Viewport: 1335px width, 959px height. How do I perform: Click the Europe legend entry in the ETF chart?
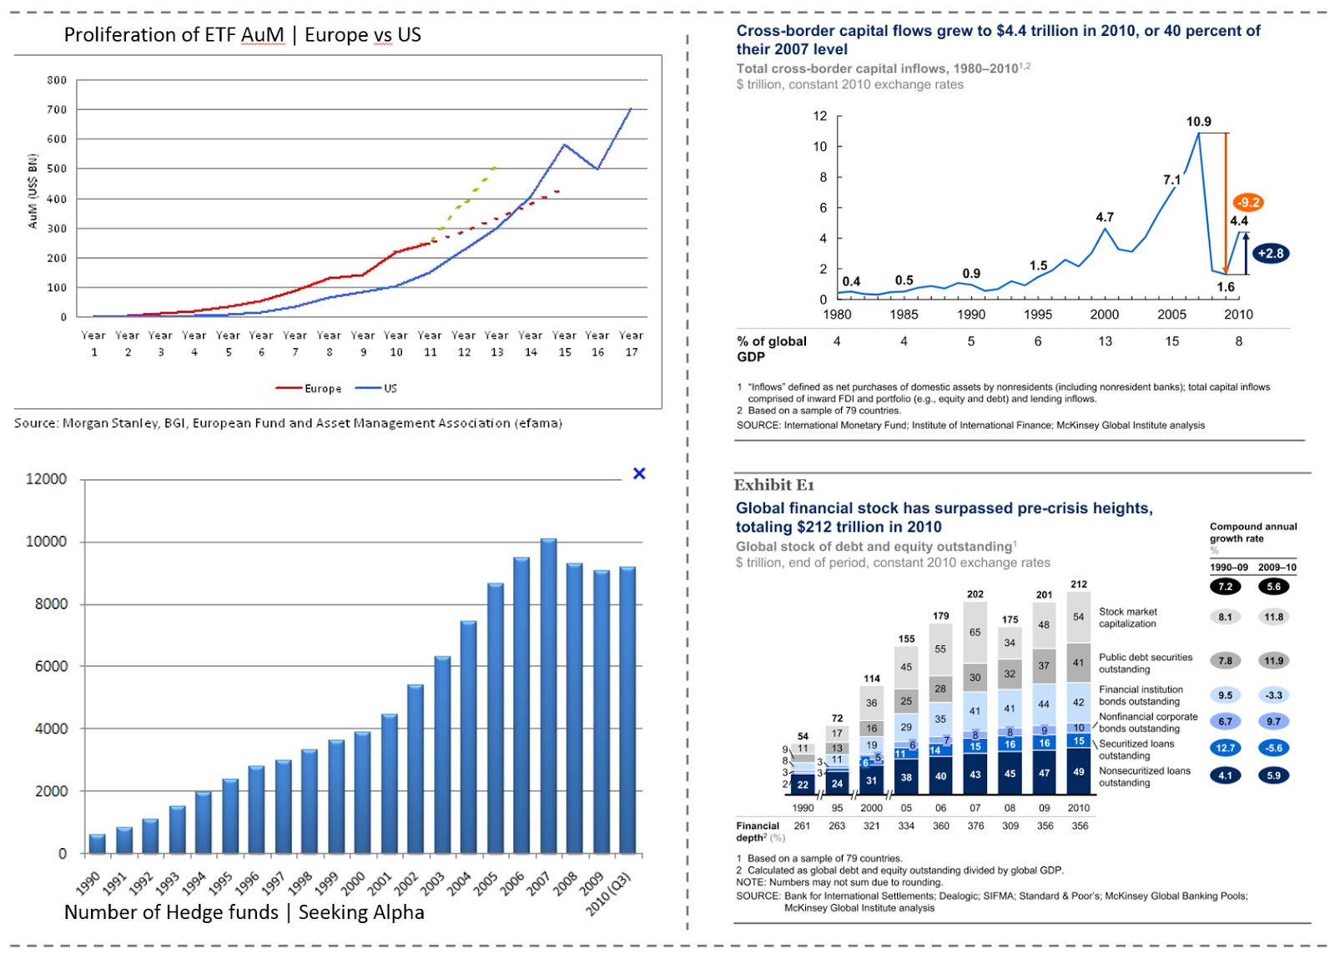pyautogui.click(x=308, y=389)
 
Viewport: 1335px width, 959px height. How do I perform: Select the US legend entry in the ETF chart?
pyautogui.click(x=375, y=389)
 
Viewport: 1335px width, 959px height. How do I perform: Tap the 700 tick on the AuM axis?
pyautogui.click(x=57, y=109)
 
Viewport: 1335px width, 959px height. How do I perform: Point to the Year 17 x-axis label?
pyautogui.click(x=631, y=343)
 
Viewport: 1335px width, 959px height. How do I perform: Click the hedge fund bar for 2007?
pyautogui.click(x=548, y=695)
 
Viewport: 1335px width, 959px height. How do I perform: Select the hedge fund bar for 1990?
pyautogui.click(x=97, y=843)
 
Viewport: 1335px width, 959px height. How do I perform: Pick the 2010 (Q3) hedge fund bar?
pyautogui.click(x=627, y=710)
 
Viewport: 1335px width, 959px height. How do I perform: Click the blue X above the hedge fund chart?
pyautogui.click(x=639, y=473)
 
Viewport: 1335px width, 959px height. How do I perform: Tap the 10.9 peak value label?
pyautogui.click(x=1198, y=122)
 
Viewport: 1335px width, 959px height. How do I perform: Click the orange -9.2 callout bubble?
pyautogui.click(x=1248, y=203)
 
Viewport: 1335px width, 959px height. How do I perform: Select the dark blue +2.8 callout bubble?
pyautogui.click(x=1271, y=253)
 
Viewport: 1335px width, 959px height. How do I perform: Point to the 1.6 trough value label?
pyautogui.click(x=1226, y=286)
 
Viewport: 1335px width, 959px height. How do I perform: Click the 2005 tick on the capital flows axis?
pyautogui.click(x=1171, y=314)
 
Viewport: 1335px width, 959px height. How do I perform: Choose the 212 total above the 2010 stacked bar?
pyautogui.click(x=1079, y=584)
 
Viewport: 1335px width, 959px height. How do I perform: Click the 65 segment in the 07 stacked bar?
pyautogui.click(x=975, y=632)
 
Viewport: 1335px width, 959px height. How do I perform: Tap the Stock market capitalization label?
pyautogui.click(x=1127, y=618)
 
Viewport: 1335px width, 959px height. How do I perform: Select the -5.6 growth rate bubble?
pyautogui.click(x=1273, y=748)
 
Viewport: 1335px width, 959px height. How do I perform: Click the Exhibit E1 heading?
pyautogui.click(x=773, y=485)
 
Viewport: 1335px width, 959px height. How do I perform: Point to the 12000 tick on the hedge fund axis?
pyautogui.click(x=46, y=479)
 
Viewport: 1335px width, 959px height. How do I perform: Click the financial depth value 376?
pyautogui.click(x=975, y=825)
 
